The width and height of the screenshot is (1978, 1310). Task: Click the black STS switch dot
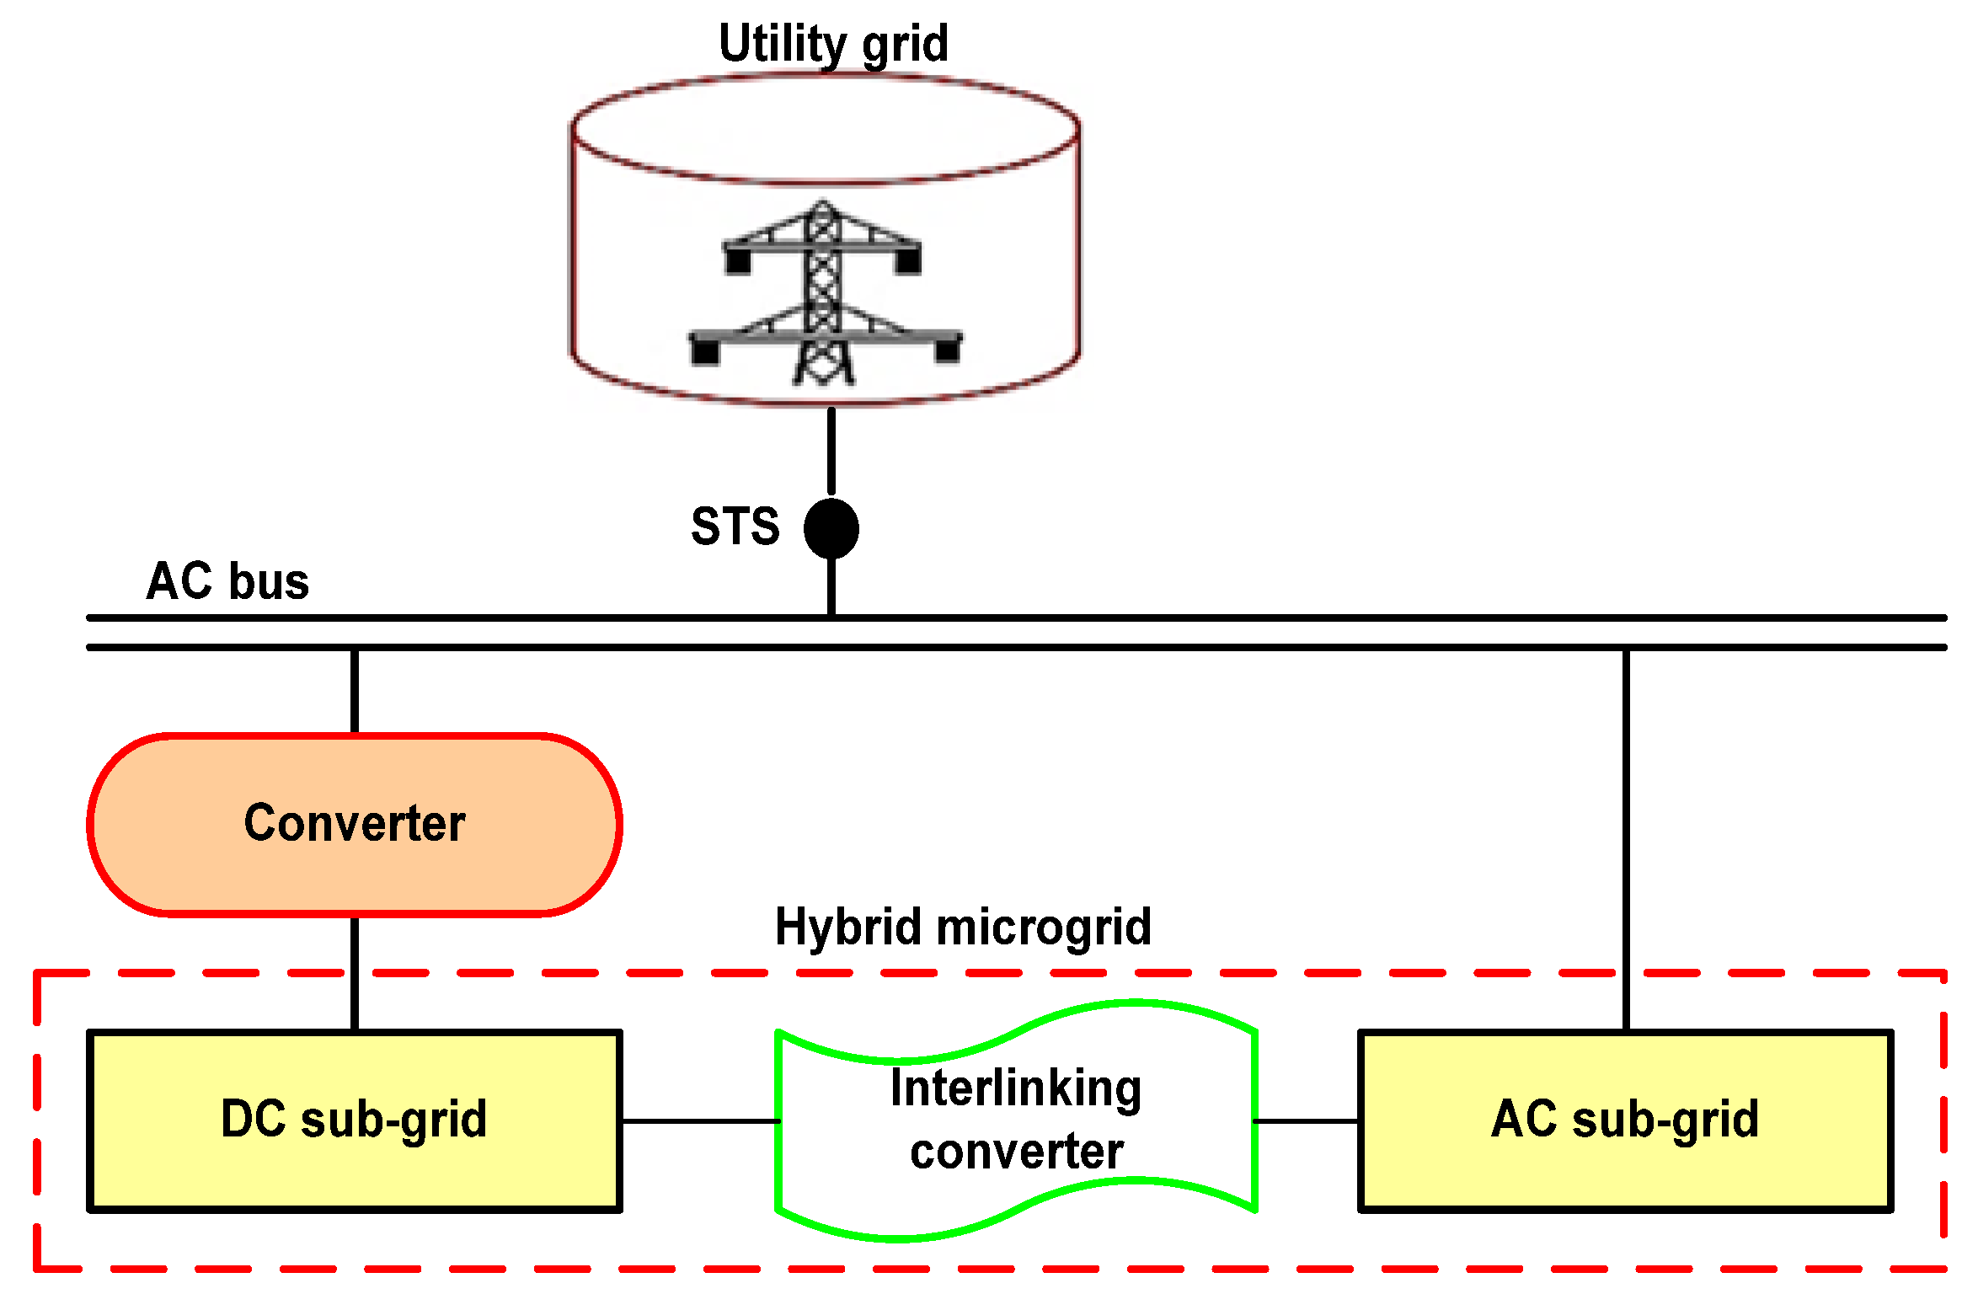click(831, 528)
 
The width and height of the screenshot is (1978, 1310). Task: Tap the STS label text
click(735, 527)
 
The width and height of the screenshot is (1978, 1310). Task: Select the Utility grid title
click(833, 43)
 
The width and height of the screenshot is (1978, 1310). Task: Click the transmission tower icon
click(825, 292)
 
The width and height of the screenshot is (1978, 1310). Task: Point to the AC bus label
click(227, 580)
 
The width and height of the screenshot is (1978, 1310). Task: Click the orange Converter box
click(355, 824)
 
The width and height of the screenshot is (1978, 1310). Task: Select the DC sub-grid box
click(355, 1120)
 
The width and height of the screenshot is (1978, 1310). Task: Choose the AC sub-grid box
click(1626, 1120)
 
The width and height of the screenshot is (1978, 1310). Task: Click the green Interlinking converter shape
click(1017, 1120)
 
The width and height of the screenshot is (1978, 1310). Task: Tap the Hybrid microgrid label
click(963, 928)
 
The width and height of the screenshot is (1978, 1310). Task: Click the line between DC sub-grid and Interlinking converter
click(699, 1121)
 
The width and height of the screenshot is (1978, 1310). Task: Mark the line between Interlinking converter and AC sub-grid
click(1307, 1121)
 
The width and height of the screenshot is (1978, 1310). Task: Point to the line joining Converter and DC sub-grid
click(355, 973)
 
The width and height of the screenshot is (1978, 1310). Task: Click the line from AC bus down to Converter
click(355, 691)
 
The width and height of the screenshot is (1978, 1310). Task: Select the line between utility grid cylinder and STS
click(831, 452)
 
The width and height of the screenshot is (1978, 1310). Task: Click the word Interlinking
click(1016, 1088)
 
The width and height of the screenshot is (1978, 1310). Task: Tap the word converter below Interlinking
click(1017, 1152)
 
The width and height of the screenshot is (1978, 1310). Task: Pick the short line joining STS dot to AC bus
click(831, 586)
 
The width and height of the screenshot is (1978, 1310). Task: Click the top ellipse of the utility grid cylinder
click(825, 128)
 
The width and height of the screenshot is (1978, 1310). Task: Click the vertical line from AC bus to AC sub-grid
click(1626, 840)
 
